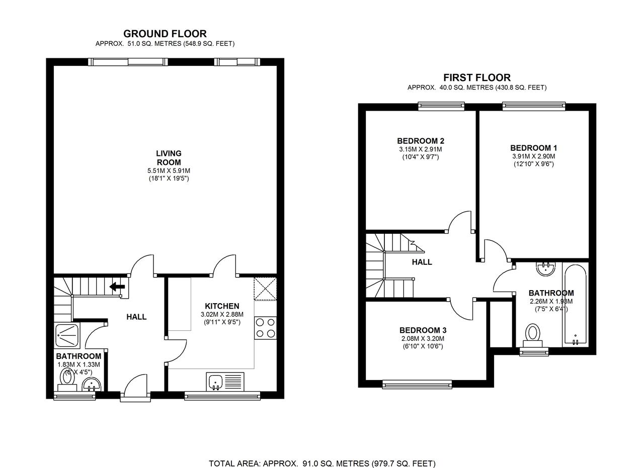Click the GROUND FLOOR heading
pos(165,34)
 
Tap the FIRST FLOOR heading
pos(476,77)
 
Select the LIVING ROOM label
pos(169,158)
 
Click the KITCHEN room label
pos(222,306)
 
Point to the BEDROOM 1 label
pos(533,148)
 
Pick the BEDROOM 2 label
pos(420,141)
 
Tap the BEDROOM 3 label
pos(423,330)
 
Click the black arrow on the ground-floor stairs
pos(117,287)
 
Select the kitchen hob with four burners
pos(265,327)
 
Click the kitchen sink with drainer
pos(224,382)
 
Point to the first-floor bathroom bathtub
pos(575,304)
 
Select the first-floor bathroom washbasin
pos(545,269)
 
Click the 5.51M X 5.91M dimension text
pos(169,171)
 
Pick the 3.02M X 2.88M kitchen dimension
pos(222,315)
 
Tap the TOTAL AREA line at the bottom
pos(322,463)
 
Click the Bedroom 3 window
pos(417,385)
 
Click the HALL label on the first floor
pos(422,262)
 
